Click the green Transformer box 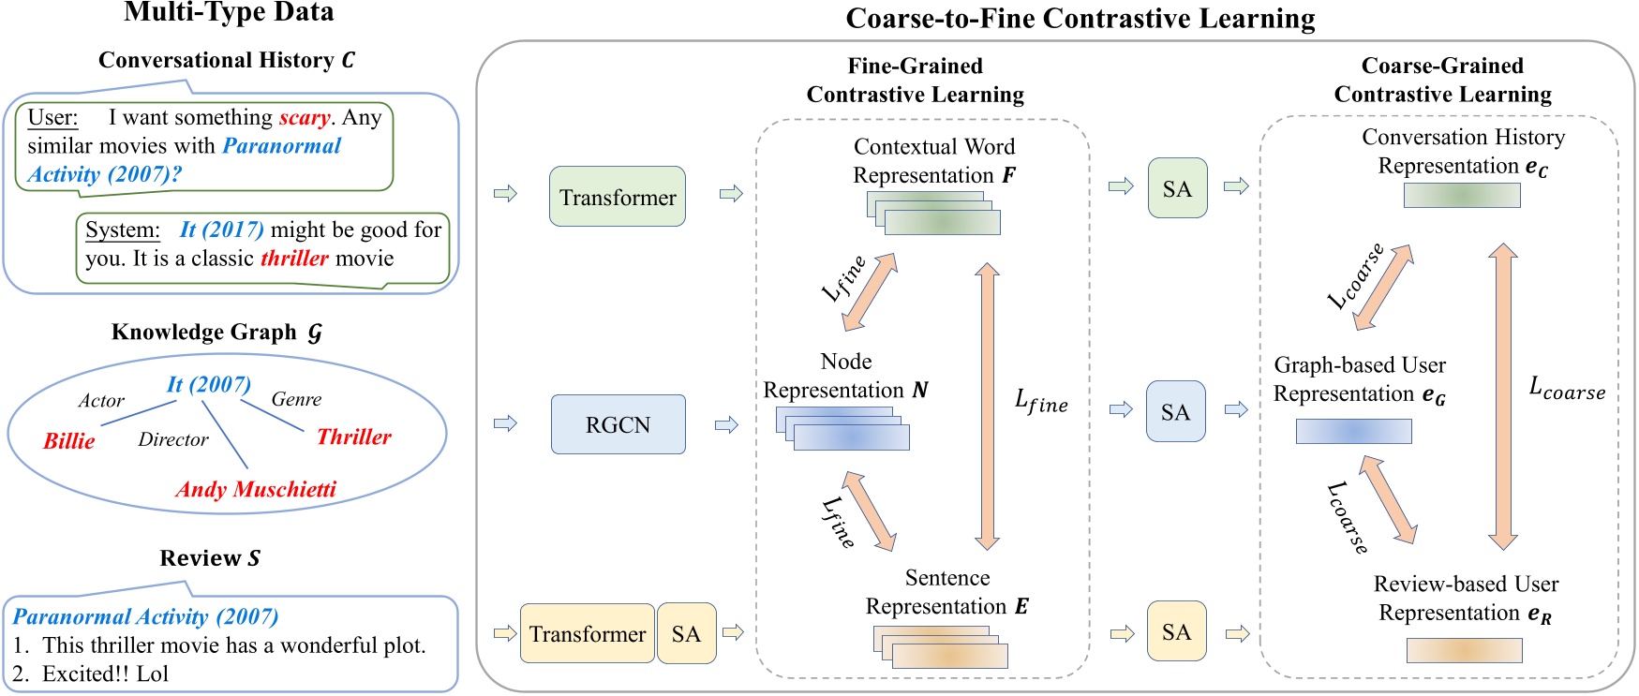pos(617,197)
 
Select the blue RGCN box pos(618,424)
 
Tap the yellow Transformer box pos(587,634)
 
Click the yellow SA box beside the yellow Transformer pos(686,634)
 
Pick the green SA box pos(1177,188)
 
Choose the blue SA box pos(1175,412)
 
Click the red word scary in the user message pos(305,118)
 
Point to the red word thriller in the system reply pos(294,259)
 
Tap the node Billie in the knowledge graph pos(69,441)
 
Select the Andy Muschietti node pos(256,489)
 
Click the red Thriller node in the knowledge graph pos(353,437)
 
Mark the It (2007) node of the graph pos(209,384)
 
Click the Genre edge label pos(296,399)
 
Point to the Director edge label pos(173,439)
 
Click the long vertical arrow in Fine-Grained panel pos(986,405)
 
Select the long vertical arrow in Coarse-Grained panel pos(1502,395)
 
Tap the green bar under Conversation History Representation pos(1462,195)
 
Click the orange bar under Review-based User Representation pos(1464,650)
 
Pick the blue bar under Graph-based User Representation pos(1353,431)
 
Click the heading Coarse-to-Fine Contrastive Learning pos(1080,19)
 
